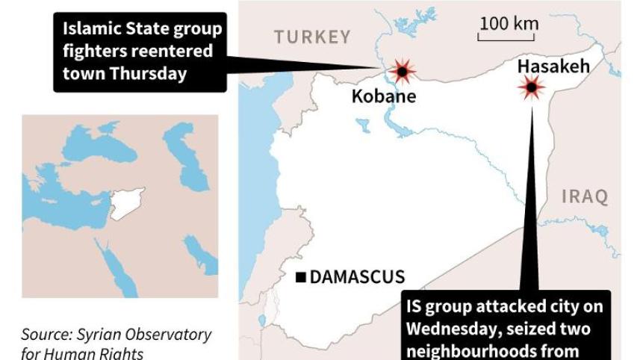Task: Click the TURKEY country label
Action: (x=311, y=37)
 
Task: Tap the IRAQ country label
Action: (x=585, y=197)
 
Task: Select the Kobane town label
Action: (x=383, y=97)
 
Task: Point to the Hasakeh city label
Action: (x=553, y=66)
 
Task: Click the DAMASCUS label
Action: (x=357, y=277)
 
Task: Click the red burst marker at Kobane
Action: (x=403, y=72)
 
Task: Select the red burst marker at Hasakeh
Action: (x=531, y=90)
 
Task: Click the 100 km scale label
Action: (x=509, y=23)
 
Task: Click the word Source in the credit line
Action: (x=46, y=334)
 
